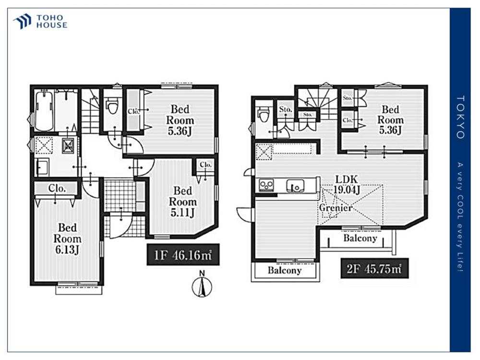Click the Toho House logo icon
tap(22, 22)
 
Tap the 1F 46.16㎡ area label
tap(183, 254)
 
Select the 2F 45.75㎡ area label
tap(374, 268)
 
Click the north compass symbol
tap(202, 285)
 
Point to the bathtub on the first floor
tap(44, 110)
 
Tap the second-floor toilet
tap(264, 115)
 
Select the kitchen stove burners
tap(266, 185)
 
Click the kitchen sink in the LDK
tap(295, 185)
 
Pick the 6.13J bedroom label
tap(67, 239)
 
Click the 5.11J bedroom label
tap(182, 202)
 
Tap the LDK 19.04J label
tap(346, 185)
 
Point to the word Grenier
tap(336, 208)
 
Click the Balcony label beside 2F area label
tap(360, 238)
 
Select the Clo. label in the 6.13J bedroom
tap(57, 188)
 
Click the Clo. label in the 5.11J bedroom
tap(206, 165)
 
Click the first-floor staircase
tap(90, 111)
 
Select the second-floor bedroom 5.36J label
tap(390, 120)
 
